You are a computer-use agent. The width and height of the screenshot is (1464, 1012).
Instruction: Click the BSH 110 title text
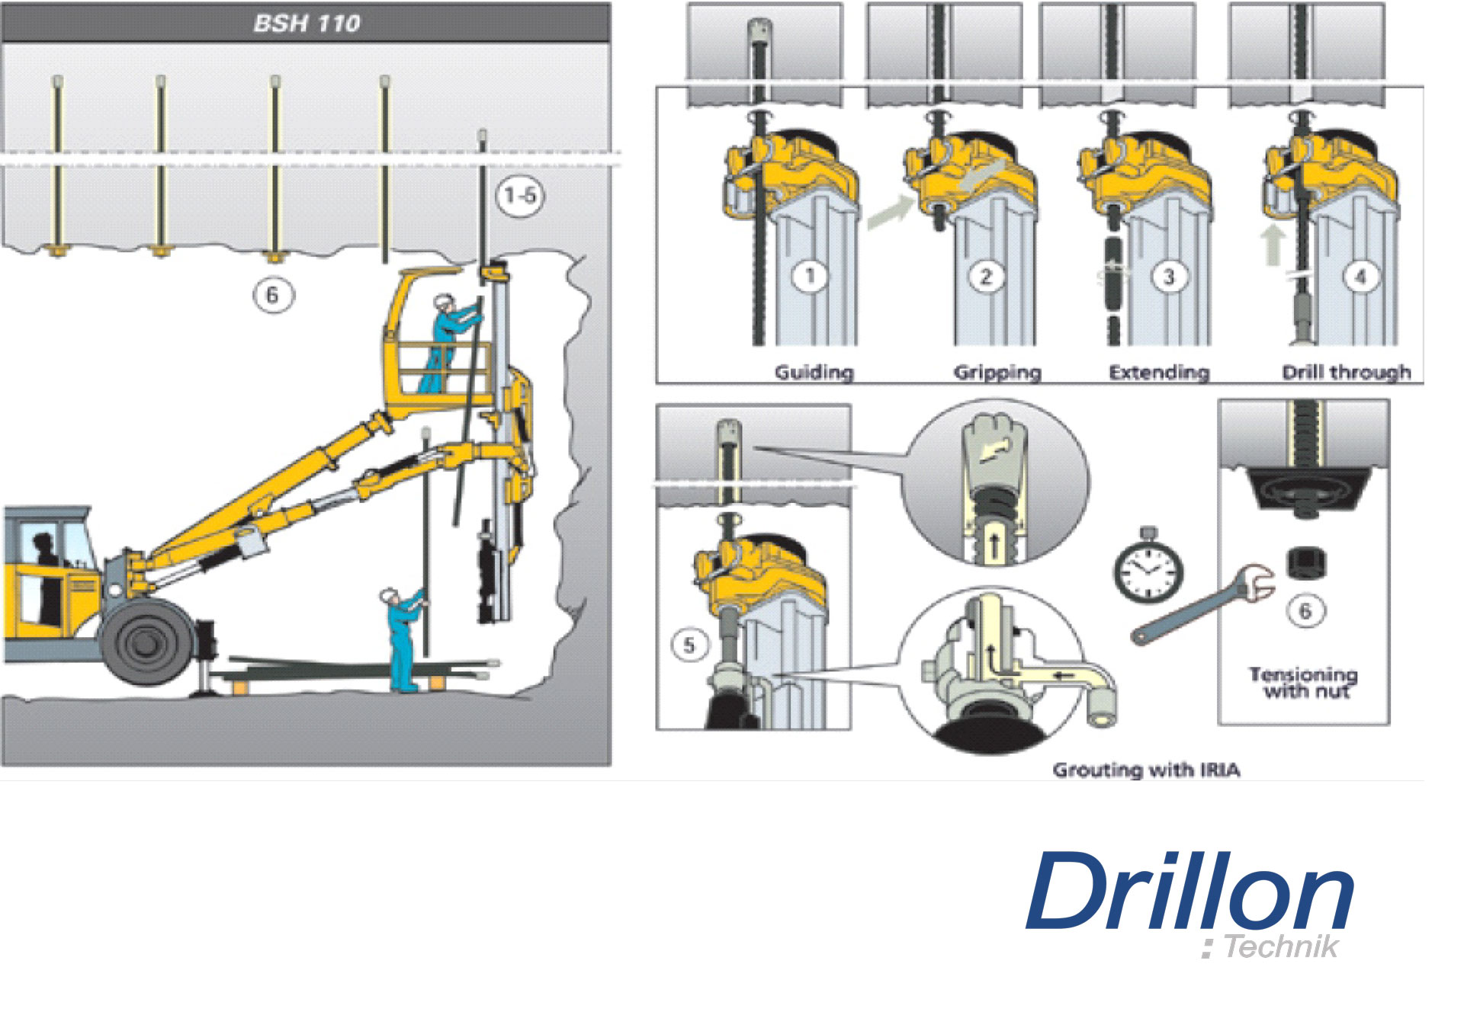coord(307,23)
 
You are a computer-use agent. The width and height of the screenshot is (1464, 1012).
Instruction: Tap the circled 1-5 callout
coord(521,196)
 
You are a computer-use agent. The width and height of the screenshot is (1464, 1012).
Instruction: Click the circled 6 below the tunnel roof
coord(273,294)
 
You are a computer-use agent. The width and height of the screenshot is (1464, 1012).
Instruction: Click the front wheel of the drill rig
coord(146,642)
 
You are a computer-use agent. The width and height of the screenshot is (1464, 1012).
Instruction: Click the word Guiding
coord(814,372)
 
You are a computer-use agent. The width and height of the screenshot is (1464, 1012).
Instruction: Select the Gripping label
coord(997,372)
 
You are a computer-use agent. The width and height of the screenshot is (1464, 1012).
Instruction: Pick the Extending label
coord(1159,372)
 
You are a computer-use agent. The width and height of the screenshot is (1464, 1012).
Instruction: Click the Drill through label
coord(1346,372)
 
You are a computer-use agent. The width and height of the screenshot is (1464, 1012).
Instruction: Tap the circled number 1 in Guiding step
coord(811,275)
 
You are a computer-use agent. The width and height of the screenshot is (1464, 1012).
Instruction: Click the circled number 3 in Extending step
coord(1169,276)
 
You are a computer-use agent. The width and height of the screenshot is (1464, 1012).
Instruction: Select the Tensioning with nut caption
coord(1303,683)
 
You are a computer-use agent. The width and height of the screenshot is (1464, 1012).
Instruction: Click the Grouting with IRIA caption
coord(1146,770)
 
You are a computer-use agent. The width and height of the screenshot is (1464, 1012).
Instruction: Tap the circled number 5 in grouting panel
coord(689,645)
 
